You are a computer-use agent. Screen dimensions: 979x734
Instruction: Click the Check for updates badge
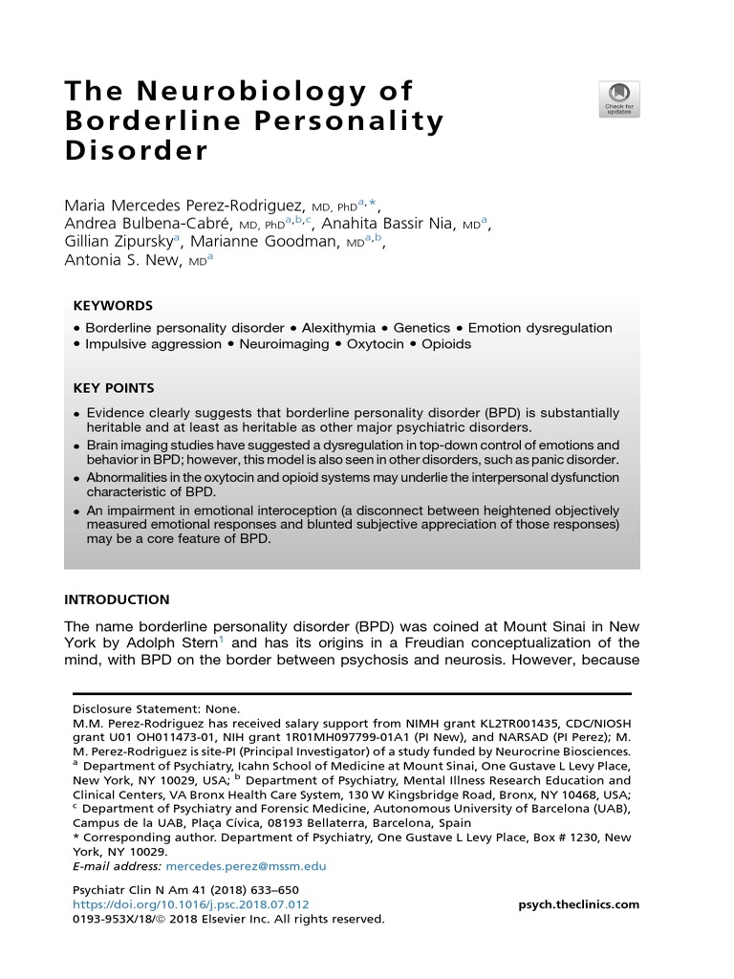tap(619, 99)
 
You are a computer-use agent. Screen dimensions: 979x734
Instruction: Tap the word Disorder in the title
tap(136, 151)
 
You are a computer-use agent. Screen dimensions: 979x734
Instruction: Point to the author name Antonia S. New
tap(121, 260)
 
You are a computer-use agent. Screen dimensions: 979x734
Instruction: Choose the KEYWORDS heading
tap(113, 306)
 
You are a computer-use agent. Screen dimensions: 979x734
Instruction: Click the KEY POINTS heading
tap(114, 388)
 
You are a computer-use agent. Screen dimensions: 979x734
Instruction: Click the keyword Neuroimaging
tap(284, 344)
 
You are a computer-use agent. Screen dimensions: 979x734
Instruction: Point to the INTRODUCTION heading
tap(117, 600)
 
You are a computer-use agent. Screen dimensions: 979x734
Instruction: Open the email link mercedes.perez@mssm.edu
tap(247, 866)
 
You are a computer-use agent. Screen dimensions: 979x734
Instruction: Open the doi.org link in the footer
tap(191, 904)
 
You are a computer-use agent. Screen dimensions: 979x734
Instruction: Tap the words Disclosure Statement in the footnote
tap(130, 710)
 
